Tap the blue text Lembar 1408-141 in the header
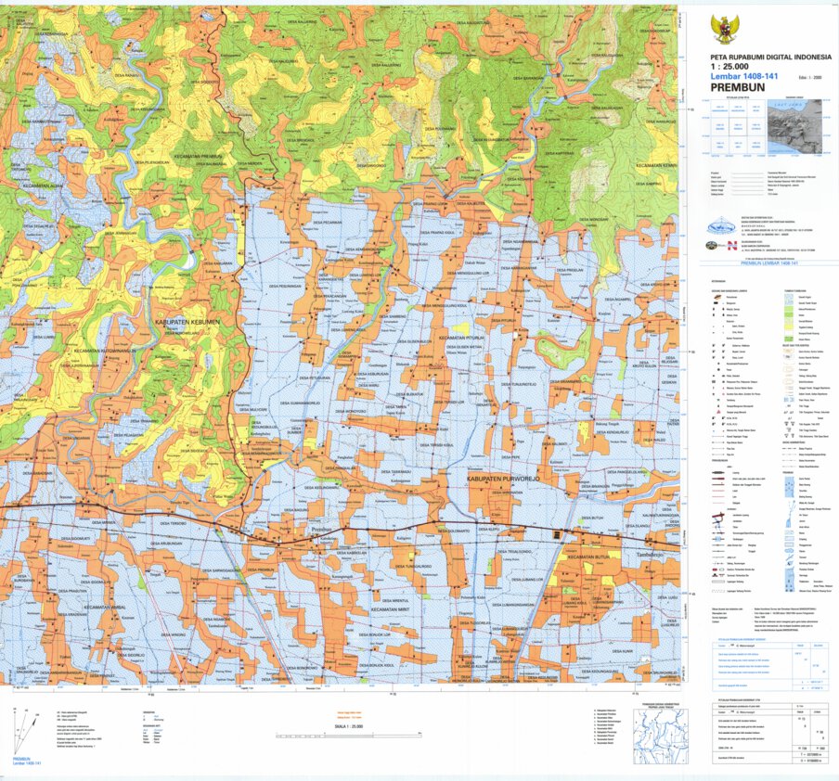[741, 77]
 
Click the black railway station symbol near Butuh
[556, 536]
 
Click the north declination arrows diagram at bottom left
[26, 733]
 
